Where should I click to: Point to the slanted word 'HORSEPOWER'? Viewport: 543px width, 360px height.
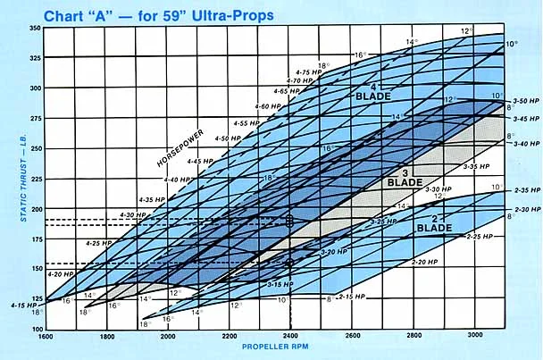[180, 143]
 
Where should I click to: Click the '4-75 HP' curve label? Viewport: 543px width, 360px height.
[307, 71]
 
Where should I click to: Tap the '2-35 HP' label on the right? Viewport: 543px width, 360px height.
[527, 191]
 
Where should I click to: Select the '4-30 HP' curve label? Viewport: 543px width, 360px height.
[134, 214]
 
